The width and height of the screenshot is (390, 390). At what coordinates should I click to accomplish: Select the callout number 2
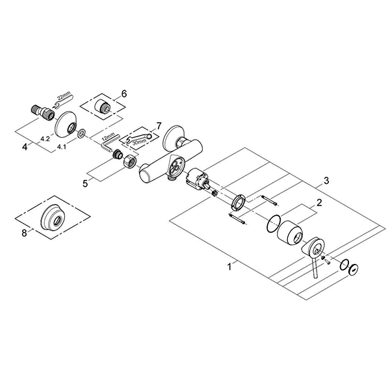point(318,203)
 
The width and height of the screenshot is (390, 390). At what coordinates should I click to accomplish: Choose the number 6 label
point(125,94)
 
